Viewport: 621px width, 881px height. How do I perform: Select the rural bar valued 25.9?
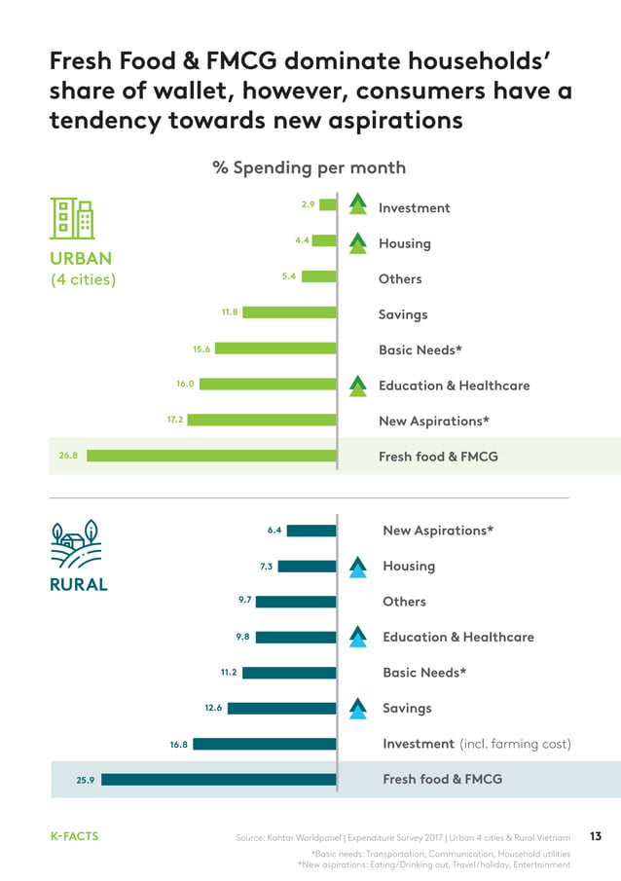[x=219, y=780]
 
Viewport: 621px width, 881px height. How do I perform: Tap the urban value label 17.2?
[x=175, y=420]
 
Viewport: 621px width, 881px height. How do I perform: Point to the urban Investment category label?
[x=414, y=207]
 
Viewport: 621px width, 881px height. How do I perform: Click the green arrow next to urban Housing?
[x=357, y=242]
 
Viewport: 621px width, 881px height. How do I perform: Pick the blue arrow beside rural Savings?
[x=357, y=708]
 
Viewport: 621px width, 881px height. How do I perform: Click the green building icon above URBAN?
[x=73, y=218]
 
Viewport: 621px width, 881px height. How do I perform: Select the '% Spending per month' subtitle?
[x=309, y=167]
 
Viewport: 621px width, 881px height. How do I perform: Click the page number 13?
[x=596, y=836]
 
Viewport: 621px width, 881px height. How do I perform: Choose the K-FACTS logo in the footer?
[x=75, y=836]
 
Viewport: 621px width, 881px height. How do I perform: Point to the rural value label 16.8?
[x=178, y=744]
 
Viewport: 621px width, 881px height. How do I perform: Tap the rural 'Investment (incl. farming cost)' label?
[x=476, y=744]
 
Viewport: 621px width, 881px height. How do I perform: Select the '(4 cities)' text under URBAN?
[x=83, y=280]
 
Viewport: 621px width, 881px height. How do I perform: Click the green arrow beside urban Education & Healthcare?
[x=357, y=385]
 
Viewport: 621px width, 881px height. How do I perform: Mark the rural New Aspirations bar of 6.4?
[x=311, y=531]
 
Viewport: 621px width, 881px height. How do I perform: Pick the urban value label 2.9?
[x=308, y=204]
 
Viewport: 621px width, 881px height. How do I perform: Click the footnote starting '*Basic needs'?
[x=439, y=854]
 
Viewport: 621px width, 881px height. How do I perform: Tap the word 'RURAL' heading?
[x=79, y=585]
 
